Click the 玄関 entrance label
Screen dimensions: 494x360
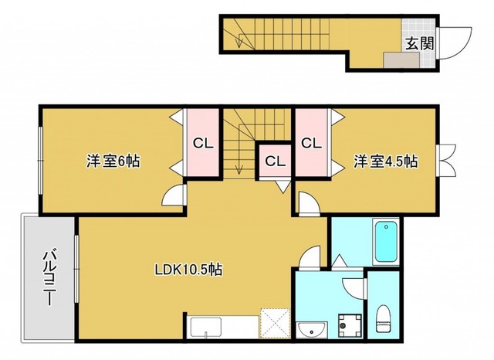pos(419,43)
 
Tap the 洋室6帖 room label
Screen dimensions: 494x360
pos(113,161)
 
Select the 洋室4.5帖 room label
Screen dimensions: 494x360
pos(385,161)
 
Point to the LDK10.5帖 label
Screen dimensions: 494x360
pos(188,270)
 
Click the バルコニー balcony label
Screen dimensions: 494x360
pos(49,277)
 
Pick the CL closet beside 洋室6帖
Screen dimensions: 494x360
pos(203,143)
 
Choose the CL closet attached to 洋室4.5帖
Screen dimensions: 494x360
pos(311,143)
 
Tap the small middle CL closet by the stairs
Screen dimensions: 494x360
pos(275,161)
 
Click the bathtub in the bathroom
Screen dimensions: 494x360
pos(386,242)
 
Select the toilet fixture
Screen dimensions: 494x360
pos(384,318)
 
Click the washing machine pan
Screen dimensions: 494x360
pos(350,325)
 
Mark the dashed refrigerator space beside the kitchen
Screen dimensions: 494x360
pos(275,324)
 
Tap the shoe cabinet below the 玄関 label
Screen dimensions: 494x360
pos(401,60)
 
